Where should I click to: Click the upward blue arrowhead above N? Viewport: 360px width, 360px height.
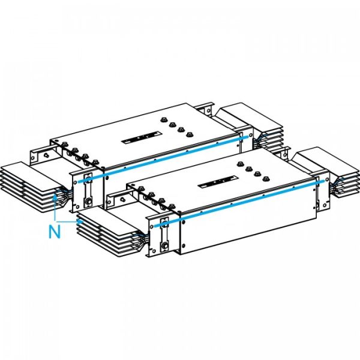(x=56, y=193)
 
